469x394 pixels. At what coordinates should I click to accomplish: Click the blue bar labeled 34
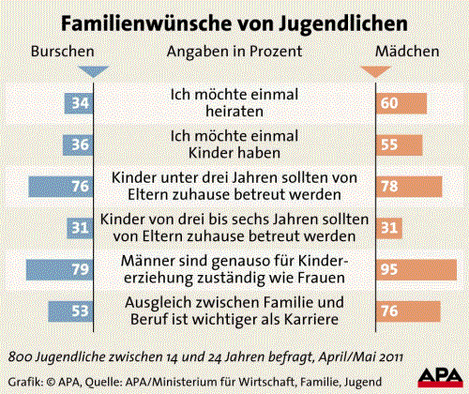point(76,102)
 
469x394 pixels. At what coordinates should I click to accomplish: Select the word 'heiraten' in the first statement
point(232,111)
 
